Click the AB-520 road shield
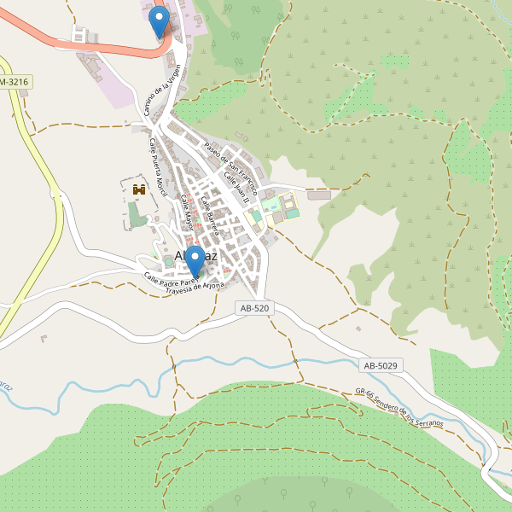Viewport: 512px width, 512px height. pyautogui.click(x=255, y=308)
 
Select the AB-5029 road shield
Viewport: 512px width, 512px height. pyautogui.click(x=381, y=365)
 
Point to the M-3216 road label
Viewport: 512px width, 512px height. pyautogui.click(x=14, y=81)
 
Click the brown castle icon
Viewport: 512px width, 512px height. pyautogui.click(x=139, y=188)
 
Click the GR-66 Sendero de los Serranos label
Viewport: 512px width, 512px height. pyautogui.click(x=399, y=409)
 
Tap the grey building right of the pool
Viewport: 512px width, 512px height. pyautogui.click(x=318, y=195)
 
